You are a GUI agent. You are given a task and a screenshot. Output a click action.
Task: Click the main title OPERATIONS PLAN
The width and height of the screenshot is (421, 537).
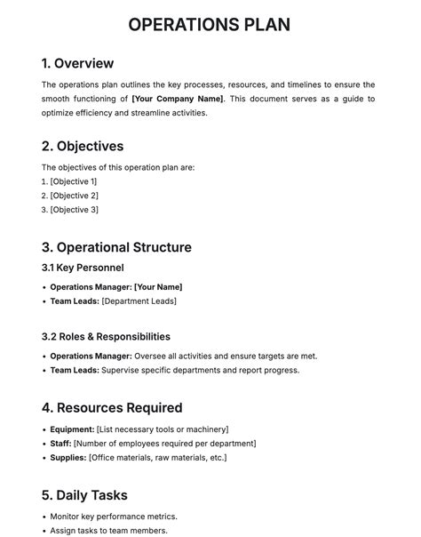[210, 24]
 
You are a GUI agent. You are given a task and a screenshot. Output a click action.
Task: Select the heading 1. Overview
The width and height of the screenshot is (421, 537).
[77, 63]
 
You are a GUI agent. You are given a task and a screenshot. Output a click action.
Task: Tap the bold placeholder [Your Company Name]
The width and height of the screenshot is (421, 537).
[178, 99]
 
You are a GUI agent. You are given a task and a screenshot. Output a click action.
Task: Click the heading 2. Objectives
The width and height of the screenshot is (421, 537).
[83, 146]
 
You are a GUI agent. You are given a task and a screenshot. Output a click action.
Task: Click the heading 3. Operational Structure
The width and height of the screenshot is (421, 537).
[116, 247]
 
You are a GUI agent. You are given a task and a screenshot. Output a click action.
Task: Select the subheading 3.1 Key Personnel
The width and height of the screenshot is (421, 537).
[83, 268]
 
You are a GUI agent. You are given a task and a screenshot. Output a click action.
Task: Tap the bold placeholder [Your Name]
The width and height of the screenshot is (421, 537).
[158, 287]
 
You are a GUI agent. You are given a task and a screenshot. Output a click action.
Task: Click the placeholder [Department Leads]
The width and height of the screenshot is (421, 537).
[139, 301]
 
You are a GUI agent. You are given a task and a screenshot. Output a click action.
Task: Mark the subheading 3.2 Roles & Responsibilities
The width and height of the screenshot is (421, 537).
[106, 337]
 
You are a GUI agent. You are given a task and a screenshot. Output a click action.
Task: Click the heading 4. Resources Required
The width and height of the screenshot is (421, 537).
[112, 408]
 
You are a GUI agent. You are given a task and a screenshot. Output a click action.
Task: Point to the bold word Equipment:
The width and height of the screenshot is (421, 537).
[72, 429]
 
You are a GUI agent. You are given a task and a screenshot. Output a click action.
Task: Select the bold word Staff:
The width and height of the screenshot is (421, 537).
[60, 444]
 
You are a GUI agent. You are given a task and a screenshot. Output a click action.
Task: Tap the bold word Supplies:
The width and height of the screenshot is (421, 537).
[68, 458]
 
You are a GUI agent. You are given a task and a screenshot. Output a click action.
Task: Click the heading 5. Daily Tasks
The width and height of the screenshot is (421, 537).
[84, 495]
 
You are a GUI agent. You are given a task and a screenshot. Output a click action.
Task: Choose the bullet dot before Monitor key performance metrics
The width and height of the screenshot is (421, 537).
[44, 517]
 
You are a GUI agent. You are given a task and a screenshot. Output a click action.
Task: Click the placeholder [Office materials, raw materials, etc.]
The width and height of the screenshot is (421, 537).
[158, 458]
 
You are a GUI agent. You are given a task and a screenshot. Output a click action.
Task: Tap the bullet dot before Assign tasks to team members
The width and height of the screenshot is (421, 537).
[44, 531]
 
